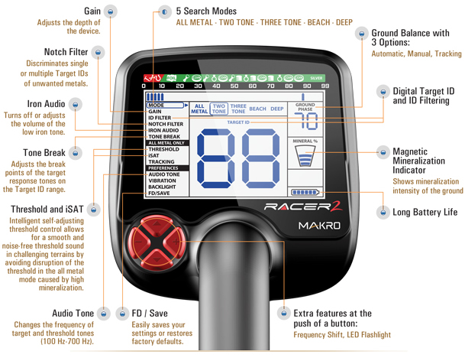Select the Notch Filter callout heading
[x=66, y=52]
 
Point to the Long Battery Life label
[x=425, y=211]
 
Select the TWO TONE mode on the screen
[x=219, y=109]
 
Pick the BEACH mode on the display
[x=257, y=109]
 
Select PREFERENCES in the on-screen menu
[x=164, y=167]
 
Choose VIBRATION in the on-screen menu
[x=162, y=180]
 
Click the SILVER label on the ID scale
[x=316, y=78]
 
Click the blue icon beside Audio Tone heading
[x=106, y=314]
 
